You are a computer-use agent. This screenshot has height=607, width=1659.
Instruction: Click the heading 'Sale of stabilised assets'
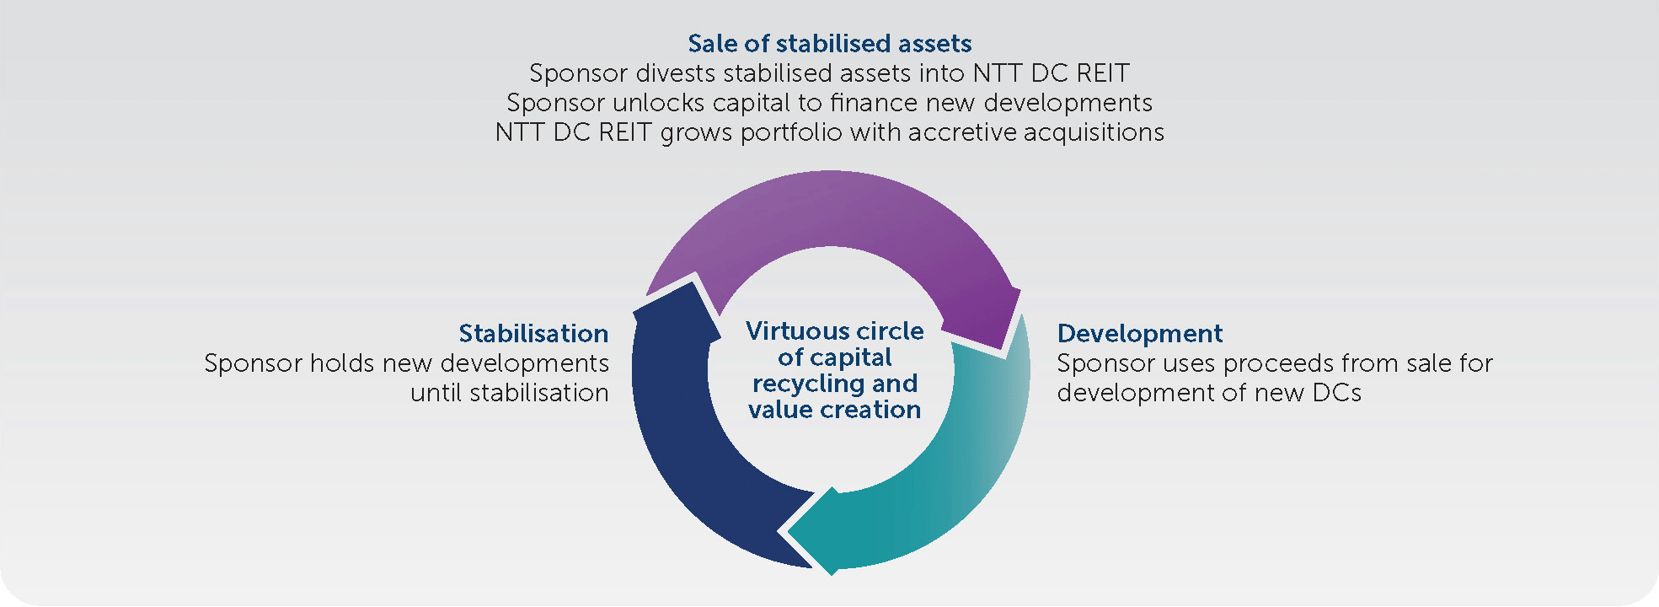tap(830, 44)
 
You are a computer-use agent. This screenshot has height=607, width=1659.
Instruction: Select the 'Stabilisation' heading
tap(533, 334)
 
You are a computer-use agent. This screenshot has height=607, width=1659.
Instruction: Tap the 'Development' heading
tap(1139, 334)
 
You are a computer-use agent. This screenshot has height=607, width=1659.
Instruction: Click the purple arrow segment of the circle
tap(830, 211)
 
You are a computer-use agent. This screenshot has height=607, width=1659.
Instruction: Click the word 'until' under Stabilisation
tap(436, 393)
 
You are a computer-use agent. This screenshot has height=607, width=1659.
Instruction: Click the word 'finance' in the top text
tap(874, 103)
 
